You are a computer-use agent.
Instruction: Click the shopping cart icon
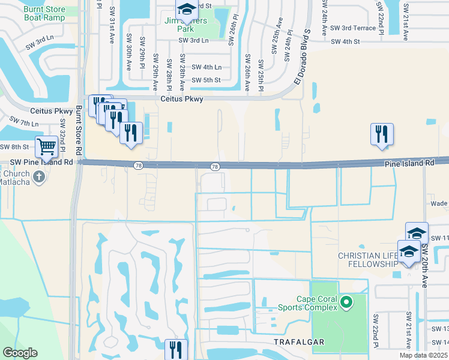click(46, 146)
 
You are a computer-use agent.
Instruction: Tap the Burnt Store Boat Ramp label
click(44, 13)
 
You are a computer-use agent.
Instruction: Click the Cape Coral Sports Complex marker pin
click(345, 302)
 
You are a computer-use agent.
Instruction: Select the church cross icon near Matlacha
click(39, 176)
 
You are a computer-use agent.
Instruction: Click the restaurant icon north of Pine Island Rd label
click(382, 134)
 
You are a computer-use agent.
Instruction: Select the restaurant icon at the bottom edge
click(176, 350)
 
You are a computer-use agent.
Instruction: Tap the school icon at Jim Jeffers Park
click(187, 10)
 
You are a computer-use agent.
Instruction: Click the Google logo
click(20, 353)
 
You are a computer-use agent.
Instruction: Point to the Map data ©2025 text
click(422, 355)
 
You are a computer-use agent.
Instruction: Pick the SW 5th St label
click(206, 80)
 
